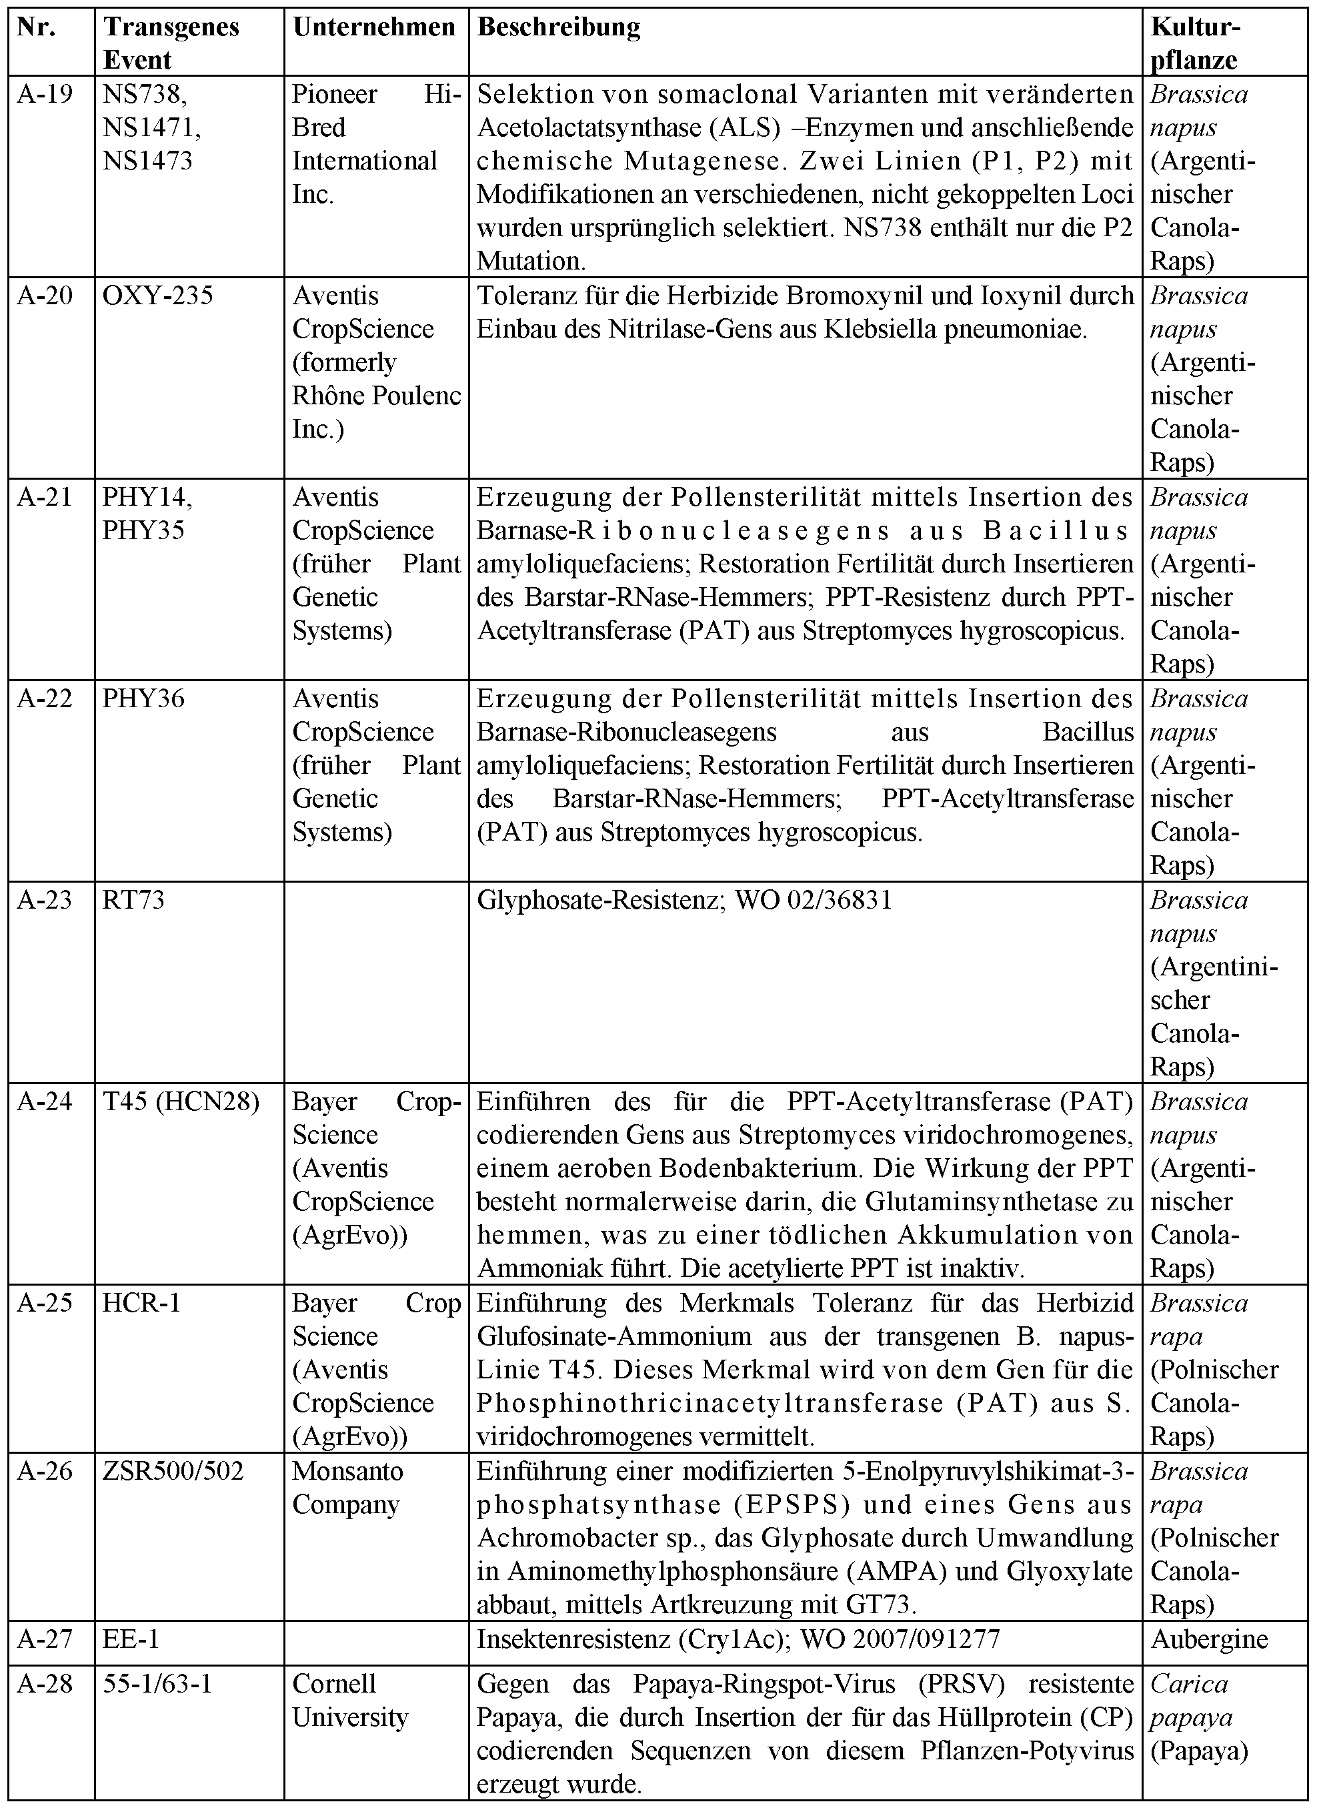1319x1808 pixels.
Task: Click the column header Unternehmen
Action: coord(373,27)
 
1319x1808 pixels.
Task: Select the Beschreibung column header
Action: coord(558,27)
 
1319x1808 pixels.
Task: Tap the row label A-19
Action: coord(45,94)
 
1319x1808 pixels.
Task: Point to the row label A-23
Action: coord(45,900)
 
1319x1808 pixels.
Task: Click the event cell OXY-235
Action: coord(158,296)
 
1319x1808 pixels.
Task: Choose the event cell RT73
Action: coord(133,900)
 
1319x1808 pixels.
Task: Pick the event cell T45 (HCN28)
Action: coord(181,1102)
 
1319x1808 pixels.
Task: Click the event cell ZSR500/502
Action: coord(173,1471)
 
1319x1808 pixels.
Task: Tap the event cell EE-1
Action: coord(131,1639)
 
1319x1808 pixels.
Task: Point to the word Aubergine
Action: coord(1209,1639)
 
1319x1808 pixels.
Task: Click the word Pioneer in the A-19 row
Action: coord(335,94)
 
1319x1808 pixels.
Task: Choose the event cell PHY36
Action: coord(144,699)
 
